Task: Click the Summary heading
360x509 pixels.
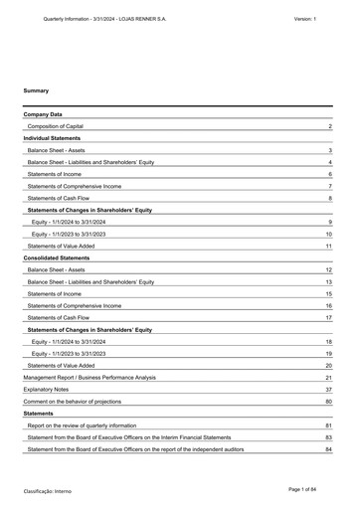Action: [x=36, y=90]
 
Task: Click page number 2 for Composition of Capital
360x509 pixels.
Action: [x=329, y=127]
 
